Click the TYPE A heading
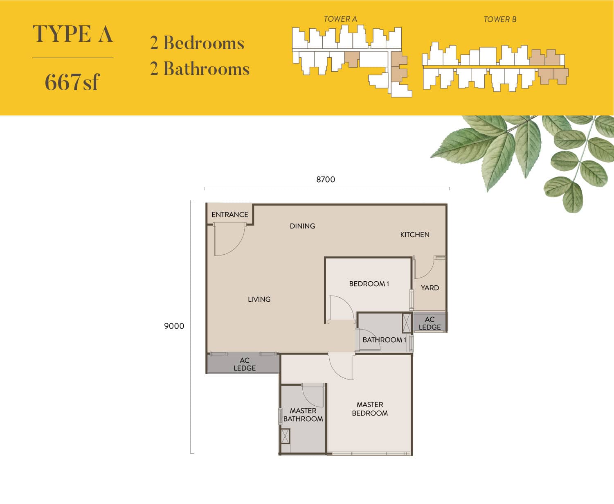[72, 34]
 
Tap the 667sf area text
[72, 82]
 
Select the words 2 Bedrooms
[197, 43]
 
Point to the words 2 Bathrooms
[200, 69]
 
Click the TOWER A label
[340, 19]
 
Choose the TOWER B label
[500, 20]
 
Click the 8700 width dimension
[326, 179]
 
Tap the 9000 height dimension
[174, 326]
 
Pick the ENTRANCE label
[230, 215]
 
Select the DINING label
[302, 226]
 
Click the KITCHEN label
[414, 235]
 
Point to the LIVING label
[259, 299]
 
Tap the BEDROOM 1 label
[369, 284]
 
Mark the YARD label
[430, 288]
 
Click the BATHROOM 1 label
[384, 340]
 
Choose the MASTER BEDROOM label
[370, 409]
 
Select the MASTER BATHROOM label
[303, 415]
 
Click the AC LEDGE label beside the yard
[430, 323]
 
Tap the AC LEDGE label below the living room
[245, 364]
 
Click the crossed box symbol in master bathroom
[286, 436]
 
